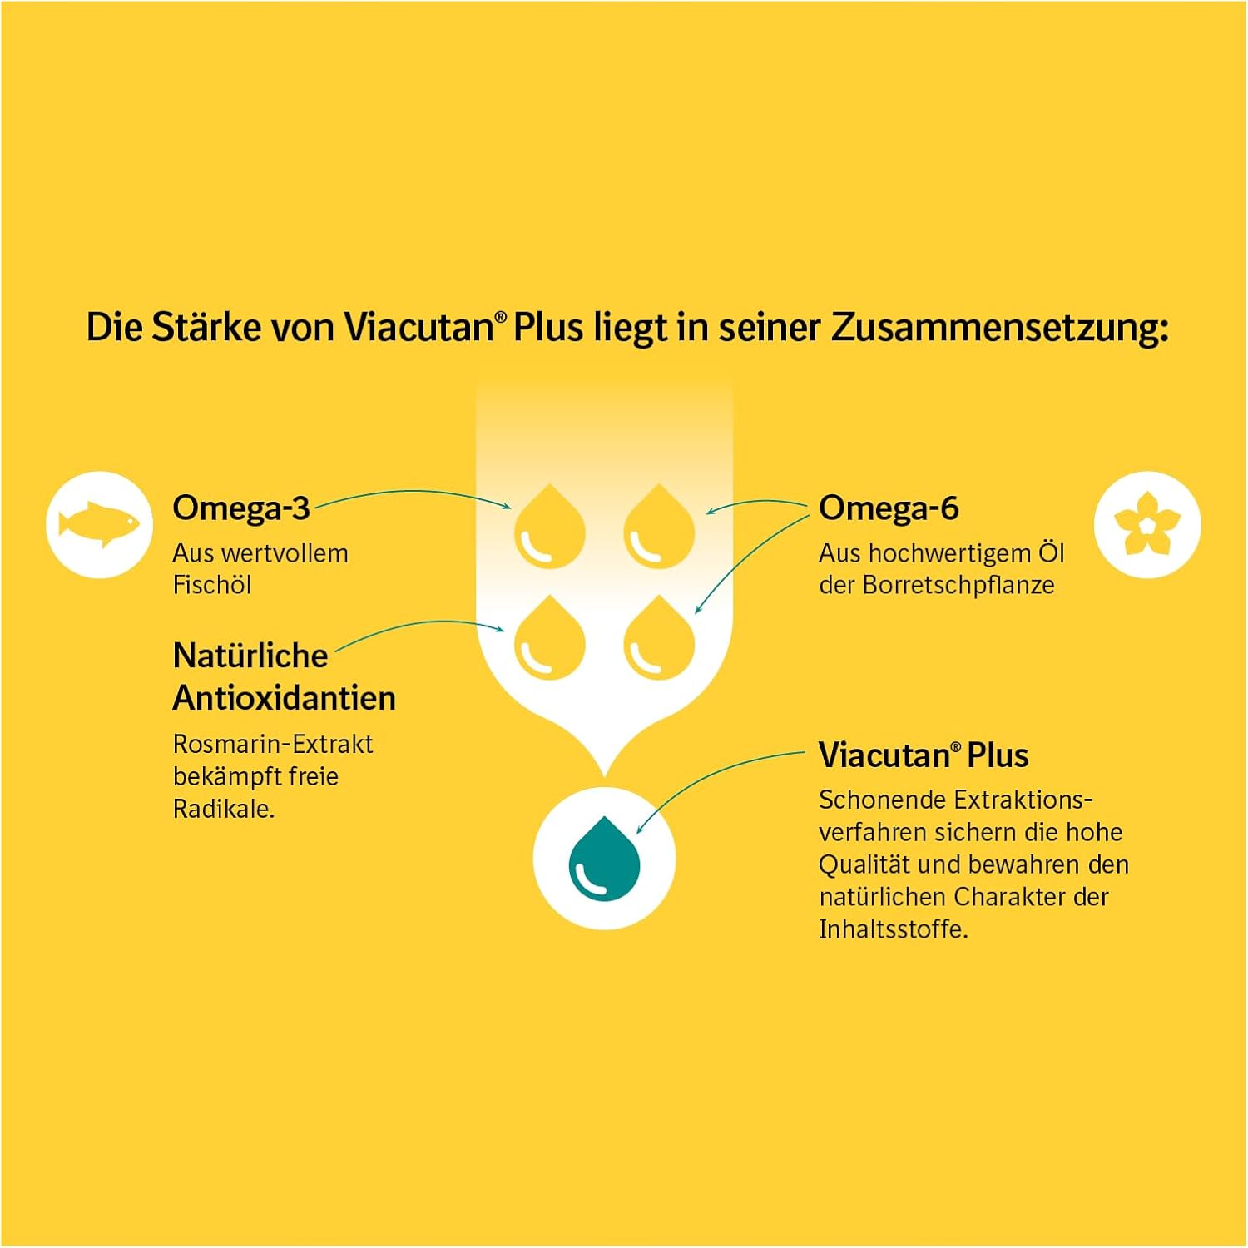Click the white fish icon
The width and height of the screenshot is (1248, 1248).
(100, 524)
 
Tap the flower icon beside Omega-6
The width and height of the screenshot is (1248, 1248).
(1147, 524)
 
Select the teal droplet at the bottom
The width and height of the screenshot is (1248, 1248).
(604, 859)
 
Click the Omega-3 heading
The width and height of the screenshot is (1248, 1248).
(241, 508)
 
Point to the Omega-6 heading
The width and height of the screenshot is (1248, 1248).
(889, 508)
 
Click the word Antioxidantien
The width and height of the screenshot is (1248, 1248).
(285, 698)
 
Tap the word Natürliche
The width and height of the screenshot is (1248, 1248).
(250, 656)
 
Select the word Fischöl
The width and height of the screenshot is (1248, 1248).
(212, 585)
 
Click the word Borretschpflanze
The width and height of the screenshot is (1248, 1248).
(958, 586)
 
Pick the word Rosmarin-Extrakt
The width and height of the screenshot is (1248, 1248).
(273, 744)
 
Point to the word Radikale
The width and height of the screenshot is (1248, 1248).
(224, 809)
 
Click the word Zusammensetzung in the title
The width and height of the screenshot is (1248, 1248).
(999, 329)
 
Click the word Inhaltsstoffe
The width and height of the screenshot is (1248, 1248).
(894, 929)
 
